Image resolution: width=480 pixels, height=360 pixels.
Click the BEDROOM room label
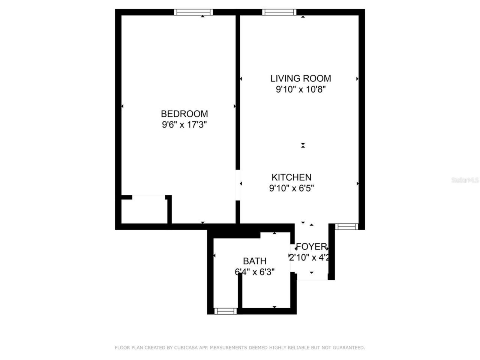(184, 114)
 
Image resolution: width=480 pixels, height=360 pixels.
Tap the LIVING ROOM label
(301, 78)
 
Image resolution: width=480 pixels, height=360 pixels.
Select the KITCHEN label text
(291, 177)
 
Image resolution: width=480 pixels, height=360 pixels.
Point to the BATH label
(255, 261)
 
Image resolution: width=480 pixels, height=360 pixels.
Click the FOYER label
(311, 247)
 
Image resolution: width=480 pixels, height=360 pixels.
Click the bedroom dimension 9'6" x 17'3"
(184, 124)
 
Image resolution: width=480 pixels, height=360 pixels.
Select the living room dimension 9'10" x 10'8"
(301, 89)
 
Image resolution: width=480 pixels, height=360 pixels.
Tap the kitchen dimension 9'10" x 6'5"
(291, 188)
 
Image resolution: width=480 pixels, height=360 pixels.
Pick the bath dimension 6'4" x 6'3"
(255, 271)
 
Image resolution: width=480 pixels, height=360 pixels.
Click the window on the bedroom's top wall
(193, 12)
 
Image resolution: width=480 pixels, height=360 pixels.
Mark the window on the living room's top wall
(279, 12)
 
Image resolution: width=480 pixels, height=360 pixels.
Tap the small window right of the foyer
(346, 226)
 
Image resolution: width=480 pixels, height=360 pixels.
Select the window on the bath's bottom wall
(225, 311)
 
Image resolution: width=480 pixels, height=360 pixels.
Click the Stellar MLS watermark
(465, 180)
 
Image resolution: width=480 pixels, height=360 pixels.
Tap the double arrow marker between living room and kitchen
(303, 145)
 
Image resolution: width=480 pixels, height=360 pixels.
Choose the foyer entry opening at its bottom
(312, 279)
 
